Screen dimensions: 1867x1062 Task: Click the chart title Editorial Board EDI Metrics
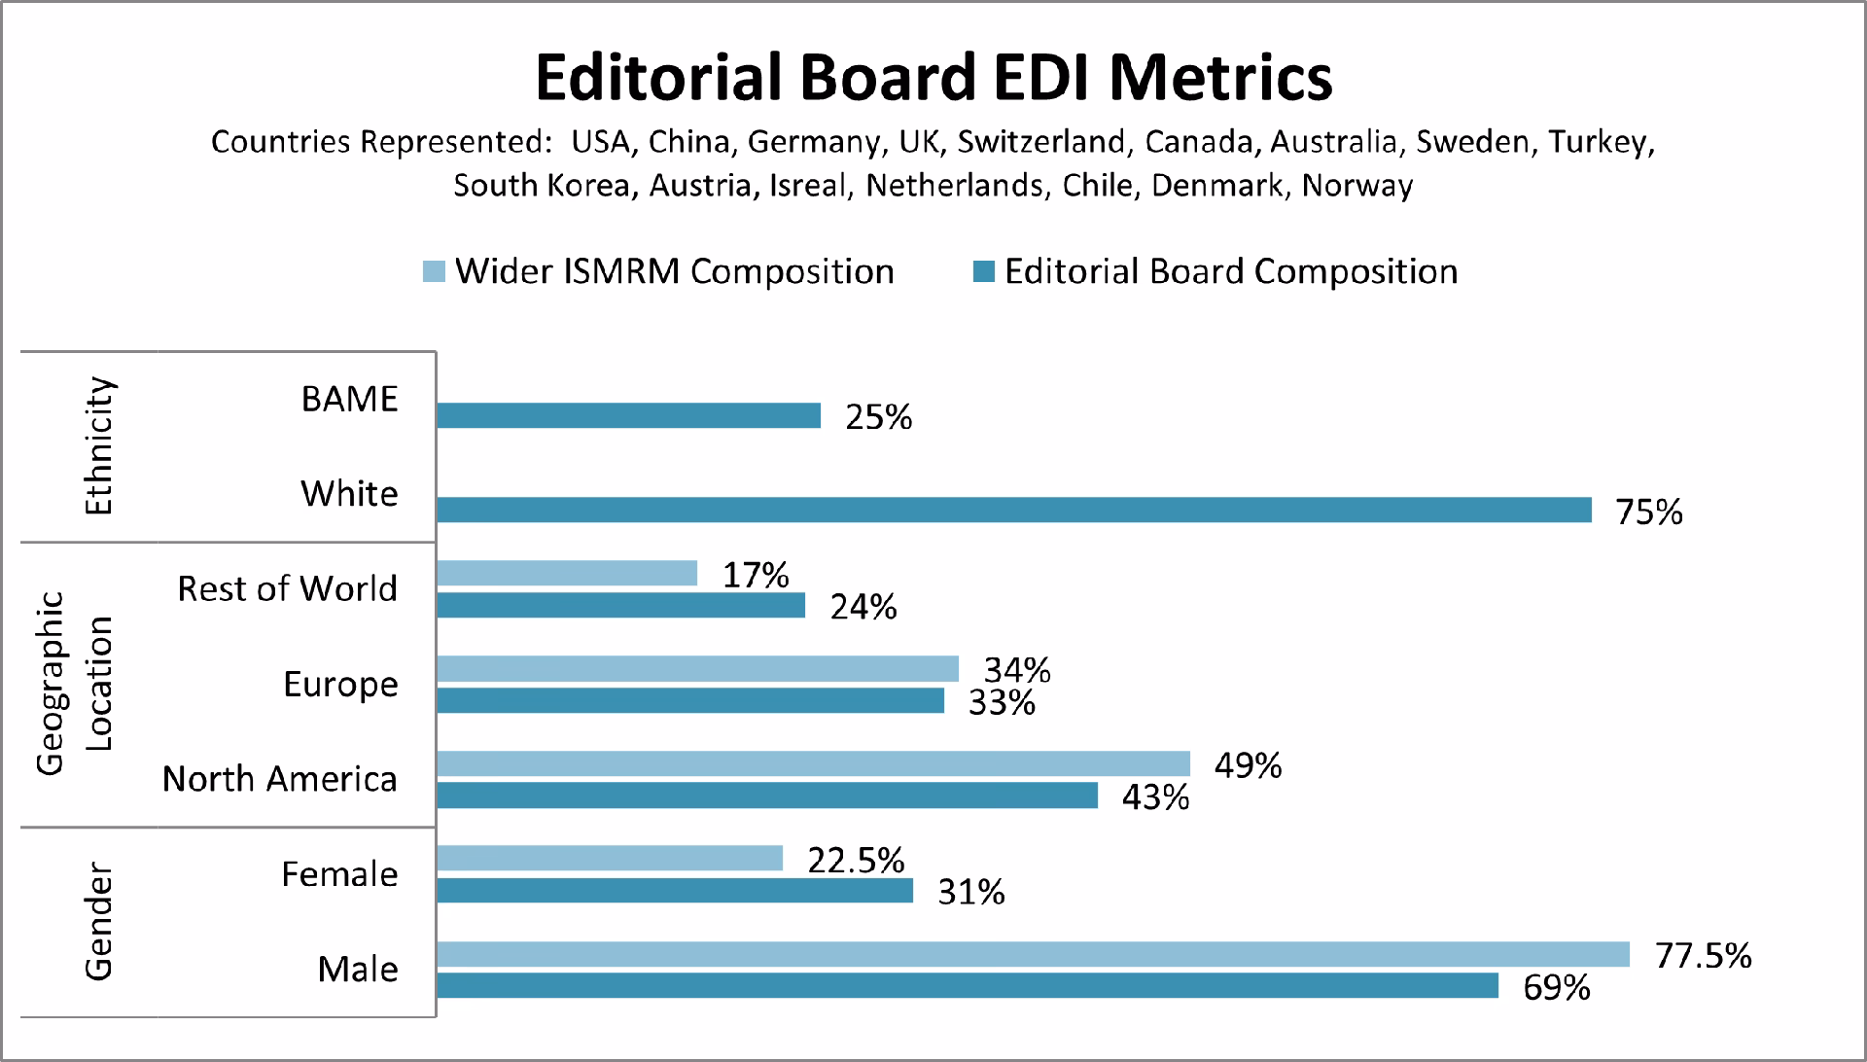click(x=933, y=77)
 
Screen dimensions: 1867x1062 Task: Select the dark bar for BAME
click(x=628, y=415)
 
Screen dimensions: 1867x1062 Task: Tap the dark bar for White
click(x=1014, y=510)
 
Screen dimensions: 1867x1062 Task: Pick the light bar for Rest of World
click(x=567, y=573)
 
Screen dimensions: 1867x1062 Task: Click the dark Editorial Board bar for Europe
click(x=690, y=700)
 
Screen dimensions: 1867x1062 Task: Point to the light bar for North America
click(x=813, y=763)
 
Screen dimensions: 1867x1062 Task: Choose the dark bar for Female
click(x=675, y=890)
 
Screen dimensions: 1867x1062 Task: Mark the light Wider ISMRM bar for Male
click(x=1033, y=954)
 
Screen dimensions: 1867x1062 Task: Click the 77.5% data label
click(x=1704, y=956)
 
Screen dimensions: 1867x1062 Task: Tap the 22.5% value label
click(x=856, y=861)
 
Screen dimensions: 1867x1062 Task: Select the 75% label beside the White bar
click(x=1649, y=513)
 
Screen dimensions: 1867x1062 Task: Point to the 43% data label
click(x=1156, y=797)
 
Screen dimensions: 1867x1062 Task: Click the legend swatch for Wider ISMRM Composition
click(x=434, y=271)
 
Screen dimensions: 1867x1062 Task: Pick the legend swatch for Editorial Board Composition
click(x=983, y=271)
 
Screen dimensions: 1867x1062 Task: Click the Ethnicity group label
click(x=99, y=446)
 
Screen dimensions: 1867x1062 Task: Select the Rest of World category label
click(x=287, y=588)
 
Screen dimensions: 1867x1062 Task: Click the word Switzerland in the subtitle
click(x=1041, y=142)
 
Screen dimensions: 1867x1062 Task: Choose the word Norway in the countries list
click(x=1357, y=186)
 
